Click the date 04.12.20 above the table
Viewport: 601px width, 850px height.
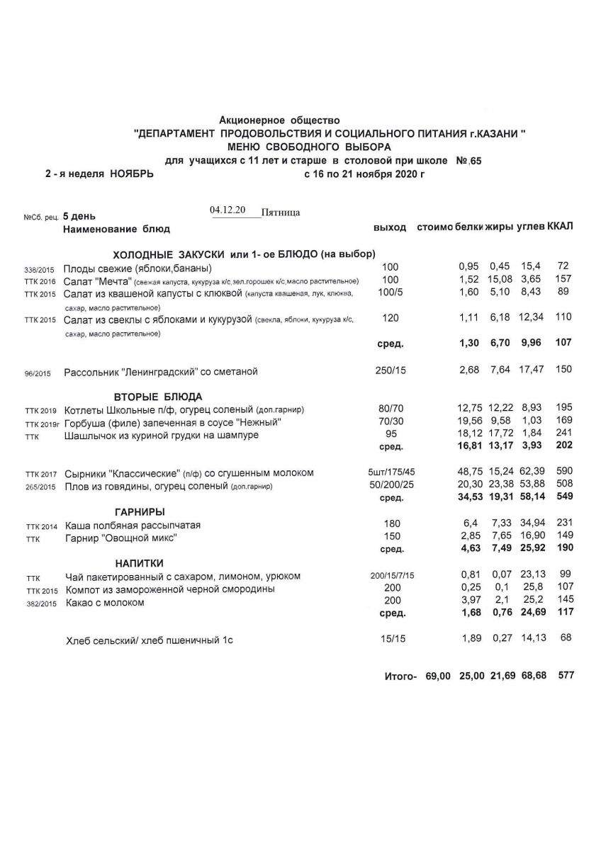(227, 210)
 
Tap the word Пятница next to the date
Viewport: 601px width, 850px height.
(281, 212)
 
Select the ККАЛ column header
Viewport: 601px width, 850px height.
(560, 227)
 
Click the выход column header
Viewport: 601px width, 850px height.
(390, 227)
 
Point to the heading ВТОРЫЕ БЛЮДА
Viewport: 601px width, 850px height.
(158, 396)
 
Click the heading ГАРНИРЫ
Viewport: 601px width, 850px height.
(140, 511)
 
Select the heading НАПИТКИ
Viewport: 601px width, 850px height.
(140, 562)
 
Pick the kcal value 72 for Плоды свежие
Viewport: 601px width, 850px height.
(564, 266)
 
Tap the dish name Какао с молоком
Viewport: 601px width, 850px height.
(104, 603)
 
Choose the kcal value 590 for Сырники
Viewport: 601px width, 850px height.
(563, 472)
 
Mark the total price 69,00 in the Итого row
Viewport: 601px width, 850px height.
(437, 676)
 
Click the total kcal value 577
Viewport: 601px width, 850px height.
(566, 676)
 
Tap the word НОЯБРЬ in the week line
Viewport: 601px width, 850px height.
(128, 174)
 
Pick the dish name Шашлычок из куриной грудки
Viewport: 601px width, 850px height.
(161, 435)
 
